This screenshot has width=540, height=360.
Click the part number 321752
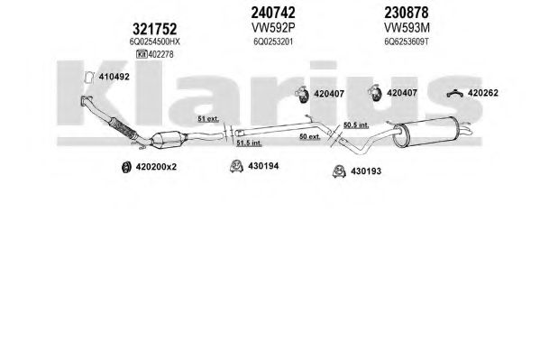(x=155, y=29)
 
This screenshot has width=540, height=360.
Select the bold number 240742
(x=273, y=13)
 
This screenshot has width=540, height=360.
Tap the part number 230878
(x=407, y=13)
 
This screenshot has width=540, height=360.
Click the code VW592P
(x=273, y=27)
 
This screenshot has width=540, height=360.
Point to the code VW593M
(x=407, y=27)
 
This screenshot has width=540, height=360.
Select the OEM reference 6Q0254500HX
(x=155, y=42)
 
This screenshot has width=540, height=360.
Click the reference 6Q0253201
(x=273, y=42)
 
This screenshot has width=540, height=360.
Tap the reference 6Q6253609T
(x=407, y=42)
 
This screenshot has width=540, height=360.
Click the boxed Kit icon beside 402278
(x=142, y=54)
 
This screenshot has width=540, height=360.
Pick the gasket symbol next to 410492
(x=89, y=78)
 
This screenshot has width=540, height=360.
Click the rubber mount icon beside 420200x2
(x=127, y=167)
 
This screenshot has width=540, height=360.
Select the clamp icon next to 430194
(x=236, y=166)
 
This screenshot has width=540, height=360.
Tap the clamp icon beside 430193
(x=339, y=171)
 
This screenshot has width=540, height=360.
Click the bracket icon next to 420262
(x=454, y=93)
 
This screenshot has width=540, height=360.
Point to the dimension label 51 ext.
(x=208, y=119)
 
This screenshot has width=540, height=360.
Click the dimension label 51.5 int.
(x=249, y=143)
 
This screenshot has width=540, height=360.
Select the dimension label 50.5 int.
(x=356, y=125)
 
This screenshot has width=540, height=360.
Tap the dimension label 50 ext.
(x=310, y=136)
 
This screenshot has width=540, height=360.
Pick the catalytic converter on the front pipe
(x=169, y=140)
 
